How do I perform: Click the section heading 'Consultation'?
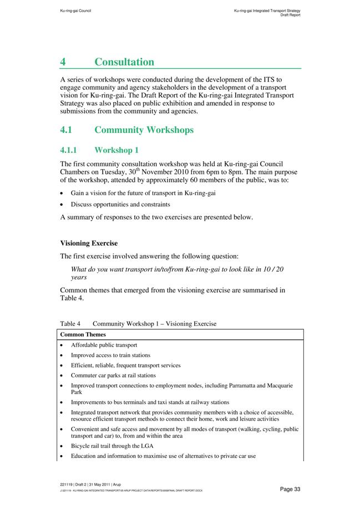click(124, 62)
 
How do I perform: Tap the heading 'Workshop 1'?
click(116, 150)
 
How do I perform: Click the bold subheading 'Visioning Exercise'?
click(89, 243)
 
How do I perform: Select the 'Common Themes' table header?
click(83, 335)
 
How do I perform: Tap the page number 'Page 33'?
click(290, 489)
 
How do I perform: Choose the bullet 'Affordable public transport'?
click(104, 345)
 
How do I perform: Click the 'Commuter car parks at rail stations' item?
click(113, 375)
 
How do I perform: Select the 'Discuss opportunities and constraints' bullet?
click(120, 205)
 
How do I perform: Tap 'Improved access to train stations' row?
click(110, 355)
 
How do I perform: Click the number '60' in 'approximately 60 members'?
click(191, 180)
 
